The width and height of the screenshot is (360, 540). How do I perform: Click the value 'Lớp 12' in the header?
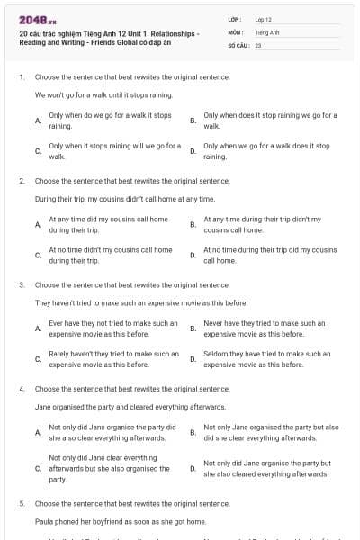(263, 18)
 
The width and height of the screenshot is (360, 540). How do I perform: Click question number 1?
(21, 78)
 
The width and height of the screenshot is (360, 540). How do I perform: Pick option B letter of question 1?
(193, 121)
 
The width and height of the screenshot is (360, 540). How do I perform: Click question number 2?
(21, 181)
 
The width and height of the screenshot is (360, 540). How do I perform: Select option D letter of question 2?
(193, 255)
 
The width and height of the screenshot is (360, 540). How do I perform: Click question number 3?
(21, 284)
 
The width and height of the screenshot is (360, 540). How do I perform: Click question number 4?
(21, 388)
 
